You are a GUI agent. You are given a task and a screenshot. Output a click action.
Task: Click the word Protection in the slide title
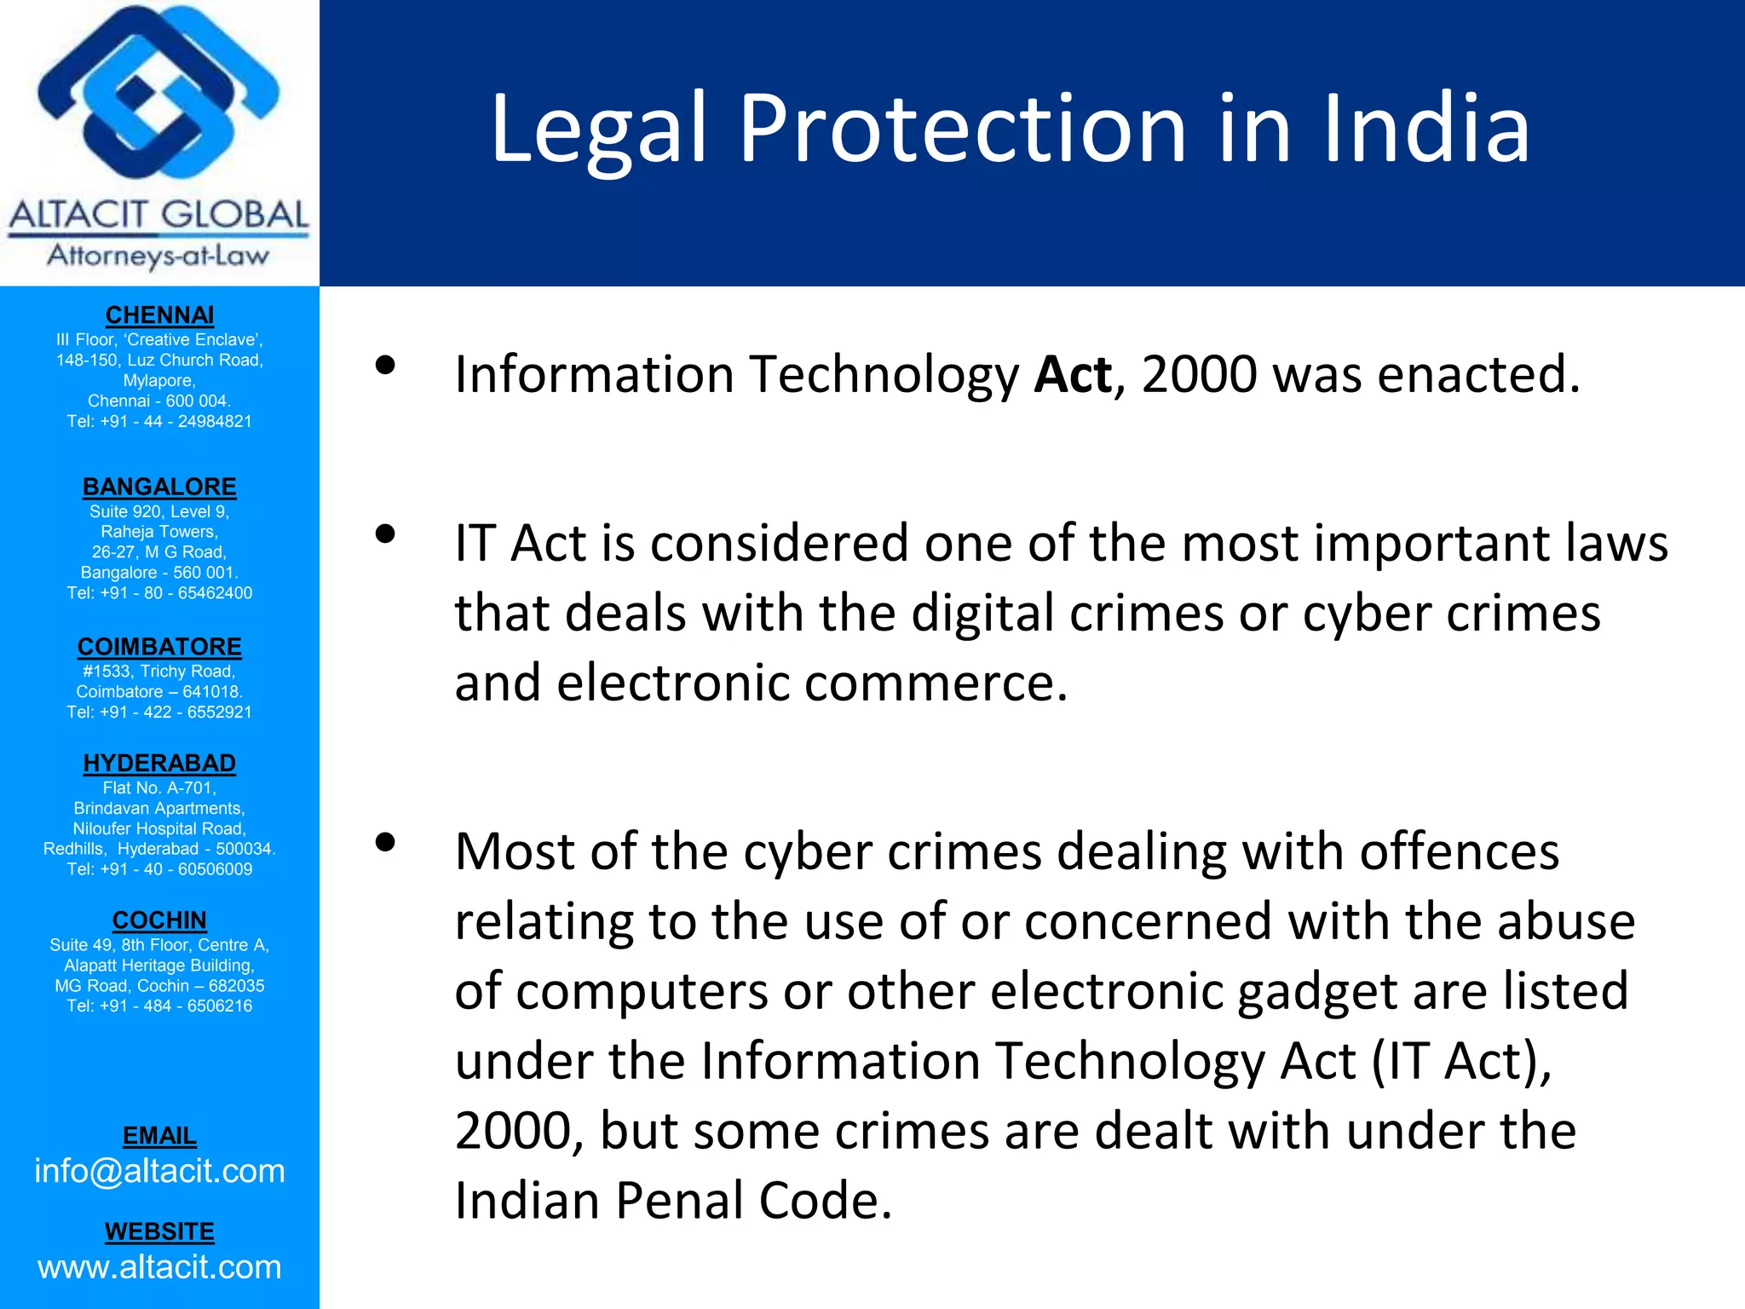pos(962,130)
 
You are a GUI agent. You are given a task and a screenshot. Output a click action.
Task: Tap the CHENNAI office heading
pos(159,315)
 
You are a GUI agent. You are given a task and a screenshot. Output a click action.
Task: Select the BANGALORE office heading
pos(159,487)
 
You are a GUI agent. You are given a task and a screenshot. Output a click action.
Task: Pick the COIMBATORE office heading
pos(159,647)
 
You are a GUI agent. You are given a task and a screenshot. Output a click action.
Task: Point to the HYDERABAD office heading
pos(159,763)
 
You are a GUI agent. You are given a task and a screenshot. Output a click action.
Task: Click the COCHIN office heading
pos(159,920)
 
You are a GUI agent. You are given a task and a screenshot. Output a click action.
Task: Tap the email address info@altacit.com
pos(159,1171)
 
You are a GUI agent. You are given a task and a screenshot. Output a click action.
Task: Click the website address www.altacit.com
pos(159,1267)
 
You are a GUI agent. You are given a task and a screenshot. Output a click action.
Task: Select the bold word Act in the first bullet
pos(1072,374)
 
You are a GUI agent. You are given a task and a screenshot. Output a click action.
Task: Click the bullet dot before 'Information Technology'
pos(385,366)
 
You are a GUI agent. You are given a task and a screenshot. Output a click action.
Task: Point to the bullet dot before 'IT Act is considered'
pos(385,534)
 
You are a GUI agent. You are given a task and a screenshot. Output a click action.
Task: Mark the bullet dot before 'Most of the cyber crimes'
pos(385,843)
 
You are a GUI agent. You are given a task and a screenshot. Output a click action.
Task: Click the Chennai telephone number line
pos(159,421)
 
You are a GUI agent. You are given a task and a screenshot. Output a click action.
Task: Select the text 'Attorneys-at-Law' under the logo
pos(158,255)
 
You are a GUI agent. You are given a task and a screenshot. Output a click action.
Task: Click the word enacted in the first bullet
pos(1477,374)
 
